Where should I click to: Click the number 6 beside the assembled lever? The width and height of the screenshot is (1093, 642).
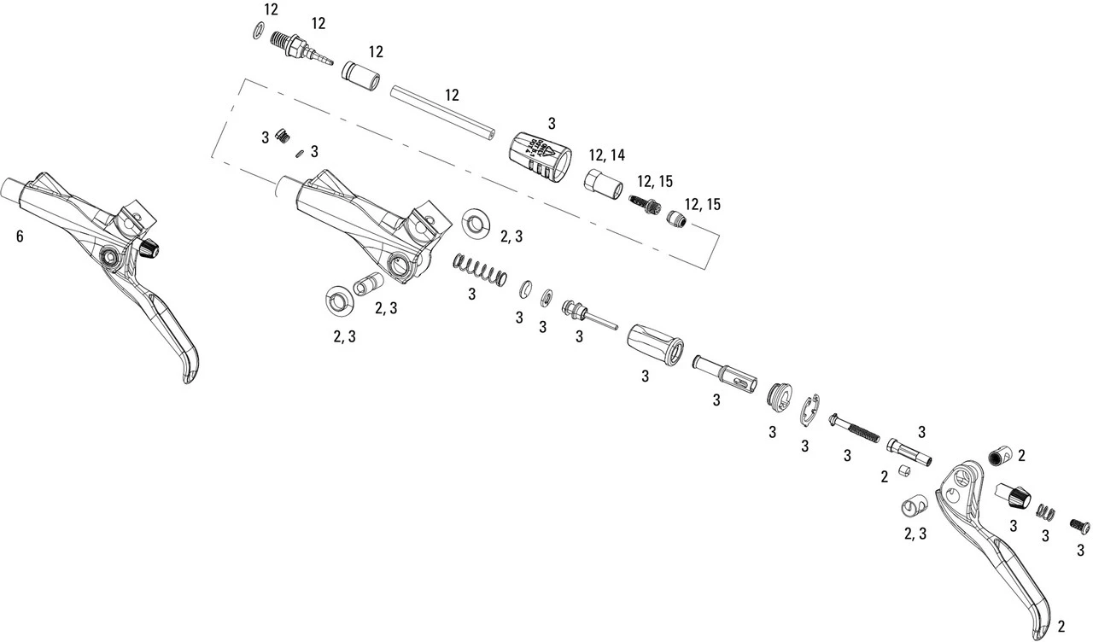[20, 236]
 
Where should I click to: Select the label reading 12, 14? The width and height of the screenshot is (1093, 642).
[606, 155]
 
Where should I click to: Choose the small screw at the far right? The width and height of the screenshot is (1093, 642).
[1079, 527]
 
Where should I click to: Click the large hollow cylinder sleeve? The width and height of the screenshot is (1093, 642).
[655, 343]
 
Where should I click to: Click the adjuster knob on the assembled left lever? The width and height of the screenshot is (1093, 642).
[150, 248]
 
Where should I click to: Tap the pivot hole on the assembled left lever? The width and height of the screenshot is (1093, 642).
[109, 256]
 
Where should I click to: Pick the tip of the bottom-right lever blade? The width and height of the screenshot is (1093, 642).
[1040, 630]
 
